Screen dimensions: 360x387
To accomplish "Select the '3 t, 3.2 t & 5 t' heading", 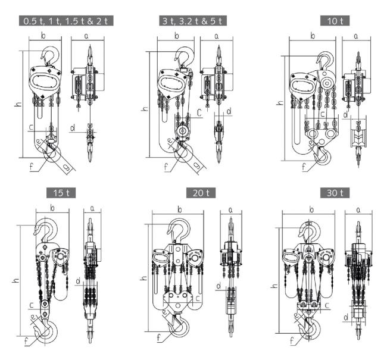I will [x=193, y=21].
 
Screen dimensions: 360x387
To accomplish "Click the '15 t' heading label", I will [x=61, y=192].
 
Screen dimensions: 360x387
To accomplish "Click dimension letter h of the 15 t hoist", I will [x=16, y=280].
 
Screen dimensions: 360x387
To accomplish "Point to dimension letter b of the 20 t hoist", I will [x=179, y=208].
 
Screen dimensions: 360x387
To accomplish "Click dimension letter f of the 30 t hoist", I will [x=291, y=342].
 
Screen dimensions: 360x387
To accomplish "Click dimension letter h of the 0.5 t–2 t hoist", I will [x=18, y=105].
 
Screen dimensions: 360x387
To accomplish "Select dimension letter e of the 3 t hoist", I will [x=170, y=141].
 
